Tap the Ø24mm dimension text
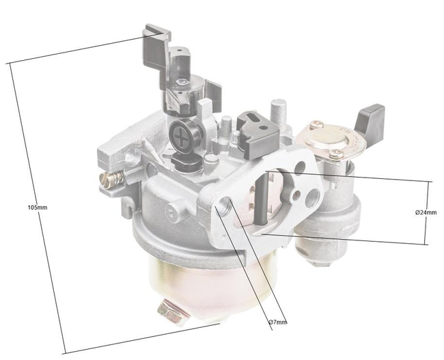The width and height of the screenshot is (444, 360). click(x=425, y=212)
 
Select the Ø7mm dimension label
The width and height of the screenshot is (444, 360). click(x=277, y=322)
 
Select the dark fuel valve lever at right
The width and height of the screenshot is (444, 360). click(x=370, y=117)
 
